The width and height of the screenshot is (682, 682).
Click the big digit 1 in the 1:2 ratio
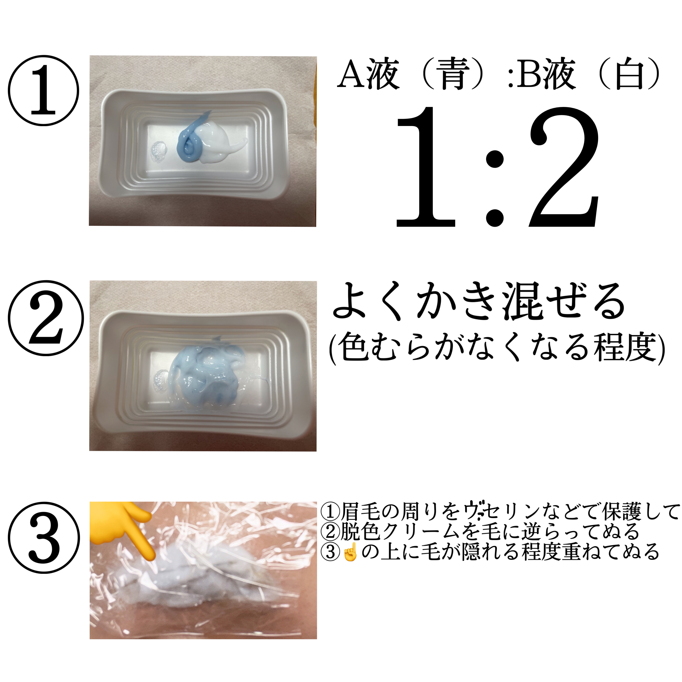[x=425, y=166]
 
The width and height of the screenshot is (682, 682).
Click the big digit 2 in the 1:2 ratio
[x=564, y=166]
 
